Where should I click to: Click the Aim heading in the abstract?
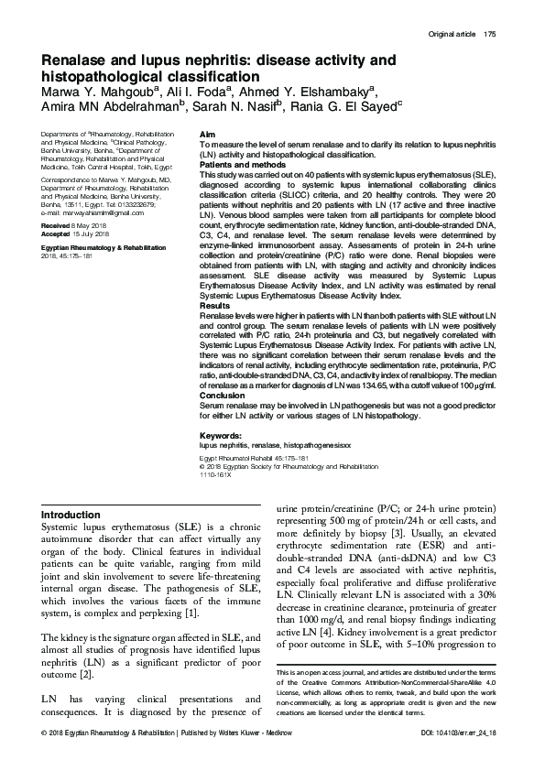click(x=207, y=136)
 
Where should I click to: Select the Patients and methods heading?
click(x=238, y=165)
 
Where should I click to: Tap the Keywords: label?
click(x=220, y=435)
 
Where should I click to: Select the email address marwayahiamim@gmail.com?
click(x=91, y=212)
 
